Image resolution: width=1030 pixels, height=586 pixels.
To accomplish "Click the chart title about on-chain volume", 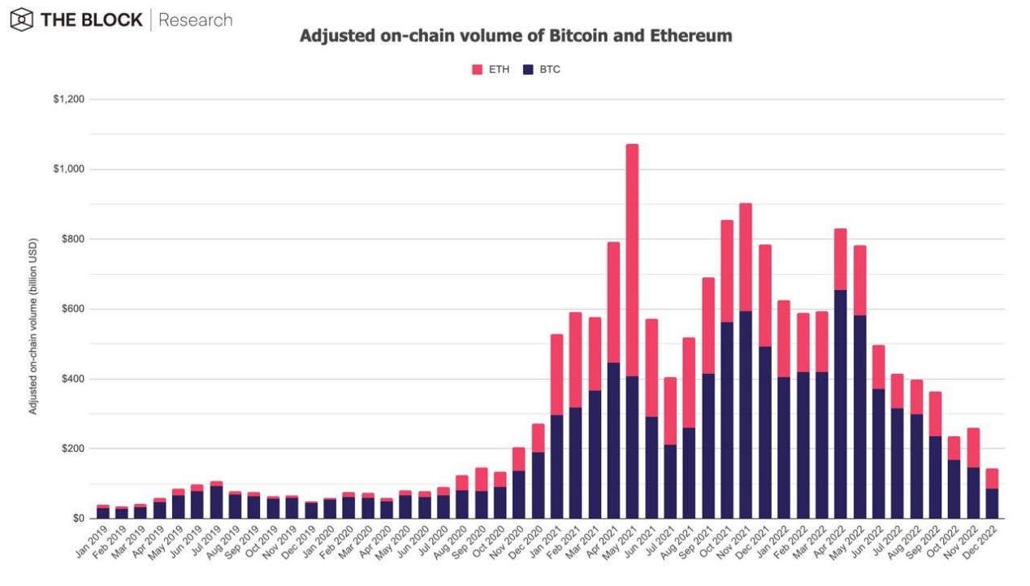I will pyautogui.click(x=516, y=37).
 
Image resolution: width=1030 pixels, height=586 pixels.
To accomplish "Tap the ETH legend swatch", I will pyautogui.click(x=477, y=70).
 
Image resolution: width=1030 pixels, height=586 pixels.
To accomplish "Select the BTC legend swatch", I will pyautogui.click(x=528, y=70).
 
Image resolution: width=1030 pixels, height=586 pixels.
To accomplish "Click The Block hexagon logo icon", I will pyautogui.click(x=22, y=20).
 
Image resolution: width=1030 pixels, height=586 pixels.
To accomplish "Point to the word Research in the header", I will pyautogui.click(x=196, y=20).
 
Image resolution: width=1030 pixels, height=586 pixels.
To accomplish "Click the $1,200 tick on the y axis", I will pyautogui.click(x=69, y=99).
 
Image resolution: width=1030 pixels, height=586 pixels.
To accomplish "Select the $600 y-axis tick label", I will pyautogui.click(x=72, y=309).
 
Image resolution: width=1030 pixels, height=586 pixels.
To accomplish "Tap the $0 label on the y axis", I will pyautogui.click(x=79, y=519).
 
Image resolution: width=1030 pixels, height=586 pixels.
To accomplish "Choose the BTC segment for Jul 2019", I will pyautogui.click(x=216, y=502).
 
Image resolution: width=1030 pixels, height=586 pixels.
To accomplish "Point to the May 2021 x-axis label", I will pyautogui.click(x=622, y=540).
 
